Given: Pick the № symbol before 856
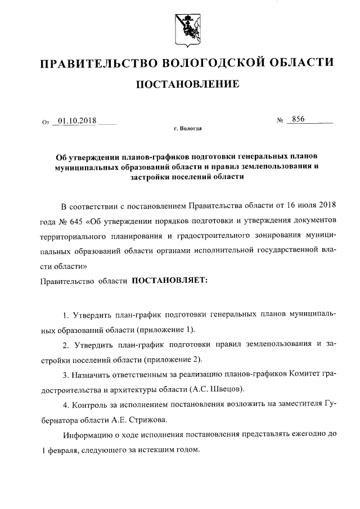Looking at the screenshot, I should point(280,120).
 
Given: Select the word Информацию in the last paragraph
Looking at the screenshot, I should point(87,435).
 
